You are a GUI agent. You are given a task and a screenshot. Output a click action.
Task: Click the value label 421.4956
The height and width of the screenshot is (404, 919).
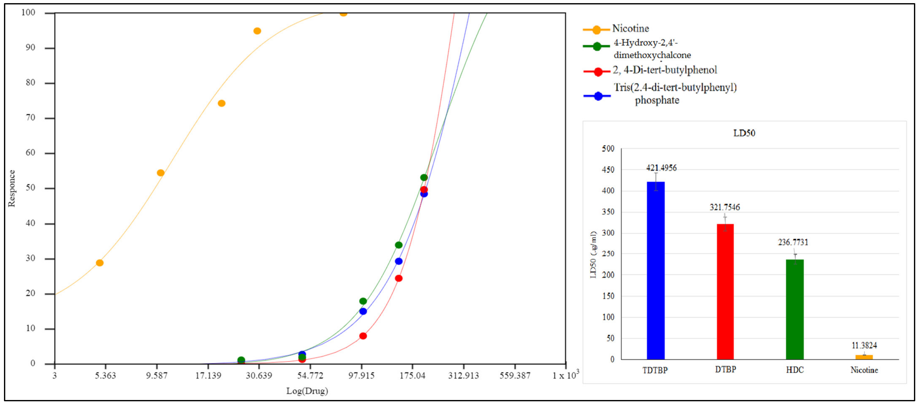(x=661, y=168)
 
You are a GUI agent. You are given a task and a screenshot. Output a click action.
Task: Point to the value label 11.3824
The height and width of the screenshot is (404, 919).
(x=864, y=345)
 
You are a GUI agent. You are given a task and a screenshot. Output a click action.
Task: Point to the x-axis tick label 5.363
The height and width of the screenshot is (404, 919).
(x=105, y=375)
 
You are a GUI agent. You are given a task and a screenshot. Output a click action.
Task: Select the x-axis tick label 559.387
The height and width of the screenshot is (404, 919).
(x=515, y=375)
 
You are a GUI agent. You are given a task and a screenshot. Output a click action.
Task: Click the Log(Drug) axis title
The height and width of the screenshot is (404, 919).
(x=307, y=391)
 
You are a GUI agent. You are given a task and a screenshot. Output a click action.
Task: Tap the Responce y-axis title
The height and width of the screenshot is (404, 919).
(x=12, y=188)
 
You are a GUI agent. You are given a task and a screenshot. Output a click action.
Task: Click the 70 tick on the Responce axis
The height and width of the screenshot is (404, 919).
(x=31, y=118)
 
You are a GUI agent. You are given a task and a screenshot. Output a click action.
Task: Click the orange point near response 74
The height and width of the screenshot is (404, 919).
(x=222, y=104)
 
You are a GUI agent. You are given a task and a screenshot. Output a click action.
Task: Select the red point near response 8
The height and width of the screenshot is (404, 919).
(x=363, y=336)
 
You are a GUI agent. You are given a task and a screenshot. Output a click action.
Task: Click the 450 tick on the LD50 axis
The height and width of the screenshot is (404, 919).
(x=608, y=170)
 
